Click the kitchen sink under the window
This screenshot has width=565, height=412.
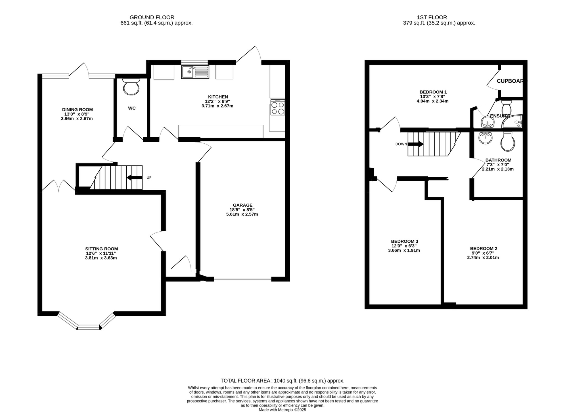coord(195,72)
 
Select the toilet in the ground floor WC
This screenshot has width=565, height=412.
coord(131,87)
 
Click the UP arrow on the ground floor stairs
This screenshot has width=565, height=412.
coord(135,178)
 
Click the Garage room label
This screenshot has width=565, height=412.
coord(242,205)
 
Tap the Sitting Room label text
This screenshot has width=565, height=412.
coord(101,249)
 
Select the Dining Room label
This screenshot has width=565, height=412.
coord(77,109)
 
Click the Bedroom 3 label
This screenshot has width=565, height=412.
coord(404,241)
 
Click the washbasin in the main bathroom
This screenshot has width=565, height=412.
coord(485,138)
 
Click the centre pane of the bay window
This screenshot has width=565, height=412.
coord(89,327)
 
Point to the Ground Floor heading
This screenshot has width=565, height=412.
coord(152,17)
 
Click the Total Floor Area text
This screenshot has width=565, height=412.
coord(282,381)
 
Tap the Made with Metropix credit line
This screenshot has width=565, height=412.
coord(282,410)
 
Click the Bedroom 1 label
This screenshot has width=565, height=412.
coord(433,92)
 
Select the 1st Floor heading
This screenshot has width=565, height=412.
coord(432,17)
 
